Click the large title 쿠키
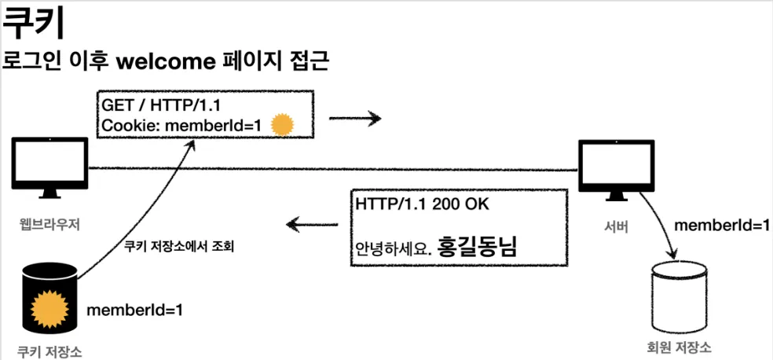pyautogui.click(x=32, y=26)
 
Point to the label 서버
pyautogui.click(x=616, y=227)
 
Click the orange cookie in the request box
pyautogui.click(x=282, y=124)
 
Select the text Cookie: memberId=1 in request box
pyautogui.click(x=183, y=125)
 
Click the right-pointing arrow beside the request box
pyautogui.click(x=354, y=119)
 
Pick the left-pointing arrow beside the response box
pyautogui.click(x=313, y=226)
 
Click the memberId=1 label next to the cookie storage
pyautogui.click(x=134, y=310)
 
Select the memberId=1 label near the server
pyautogui.click(x=722, y=226)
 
